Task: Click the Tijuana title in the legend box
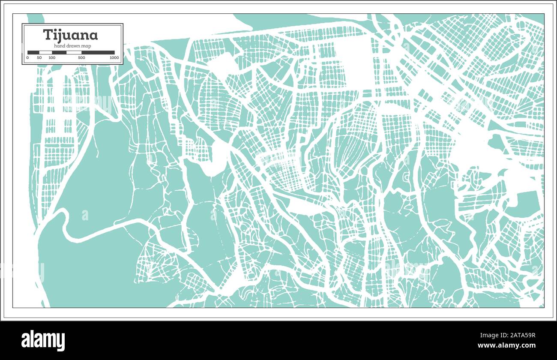pos(70,35)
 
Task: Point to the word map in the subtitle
pos(86,46)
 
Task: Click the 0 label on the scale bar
pos(27,57)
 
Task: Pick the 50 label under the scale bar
pos(39,57)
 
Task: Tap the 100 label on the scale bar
pos(52,57)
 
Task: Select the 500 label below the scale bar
pos(81,57)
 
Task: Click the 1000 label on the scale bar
pos(114,57)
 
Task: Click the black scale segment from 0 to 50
pos(33,52)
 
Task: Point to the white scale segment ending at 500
pos(74,52)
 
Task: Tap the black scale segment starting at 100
pos(59,52)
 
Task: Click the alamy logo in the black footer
pos(43,341)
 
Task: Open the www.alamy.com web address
pos(506,345)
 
